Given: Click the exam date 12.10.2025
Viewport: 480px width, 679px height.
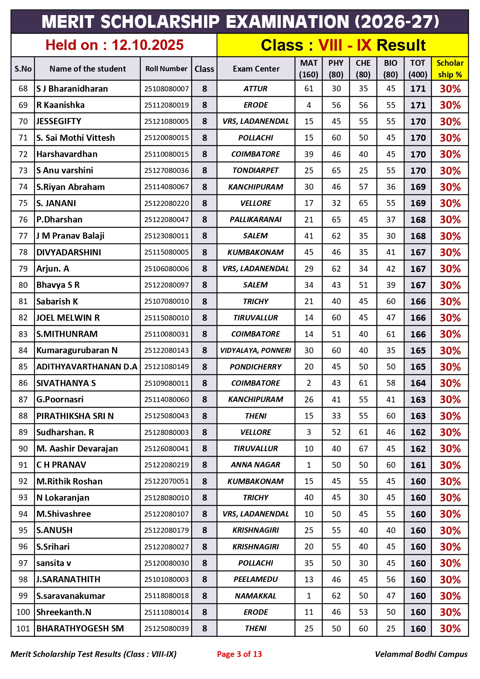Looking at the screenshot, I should click(147, 45).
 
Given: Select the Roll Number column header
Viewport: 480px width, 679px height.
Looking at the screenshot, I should click(166, 69).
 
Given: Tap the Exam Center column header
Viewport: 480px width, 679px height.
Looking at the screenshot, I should click(256, 69).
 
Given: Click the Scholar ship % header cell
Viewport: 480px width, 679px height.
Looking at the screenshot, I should click(450, 69).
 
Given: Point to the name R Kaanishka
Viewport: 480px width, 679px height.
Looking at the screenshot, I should click(60, 105).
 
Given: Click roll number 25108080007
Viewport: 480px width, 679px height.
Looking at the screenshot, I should click(166, 89).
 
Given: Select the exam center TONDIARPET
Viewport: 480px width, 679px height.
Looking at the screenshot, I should click(256, 170).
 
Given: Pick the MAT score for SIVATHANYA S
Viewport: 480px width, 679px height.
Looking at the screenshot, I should click(309, 383).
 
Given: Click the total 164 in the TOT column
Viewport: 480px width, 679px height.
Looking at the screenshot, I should click(418, 383).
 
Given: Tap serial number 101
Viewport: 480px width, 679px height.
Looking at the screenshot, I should click(23, 628).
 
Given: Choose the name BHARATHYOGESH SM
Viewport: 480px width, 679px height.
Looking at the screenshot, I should click(80, 628).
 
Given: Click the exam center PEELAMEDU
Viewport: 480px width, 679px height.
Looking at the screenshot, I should click(256, 579).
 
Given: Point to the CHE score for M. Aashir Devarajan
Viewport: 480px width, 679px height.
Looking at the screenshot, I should click(363, 448).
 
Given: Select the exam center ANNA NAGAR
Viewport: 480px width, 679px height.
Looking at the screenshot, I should click(256, 465).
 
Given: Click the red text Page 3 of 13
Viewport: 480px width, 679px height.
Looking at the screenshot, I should click(239, 654).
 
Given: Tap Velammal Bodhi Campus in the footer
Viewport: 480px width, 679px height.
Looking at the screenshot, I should click(421, 654).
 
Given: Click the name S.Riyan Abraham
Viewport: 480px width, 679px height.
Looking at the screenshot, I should click(70, 187).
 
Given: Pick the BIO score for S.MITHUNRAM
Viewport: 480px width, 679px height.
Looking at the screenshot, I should click(391, 334).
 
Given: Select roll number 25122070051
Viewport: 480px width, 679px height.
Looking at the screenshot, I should click(166, 481).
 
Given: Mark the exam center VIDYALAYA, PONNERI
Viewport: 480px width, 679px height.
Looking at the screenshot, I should click(256, 350).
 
